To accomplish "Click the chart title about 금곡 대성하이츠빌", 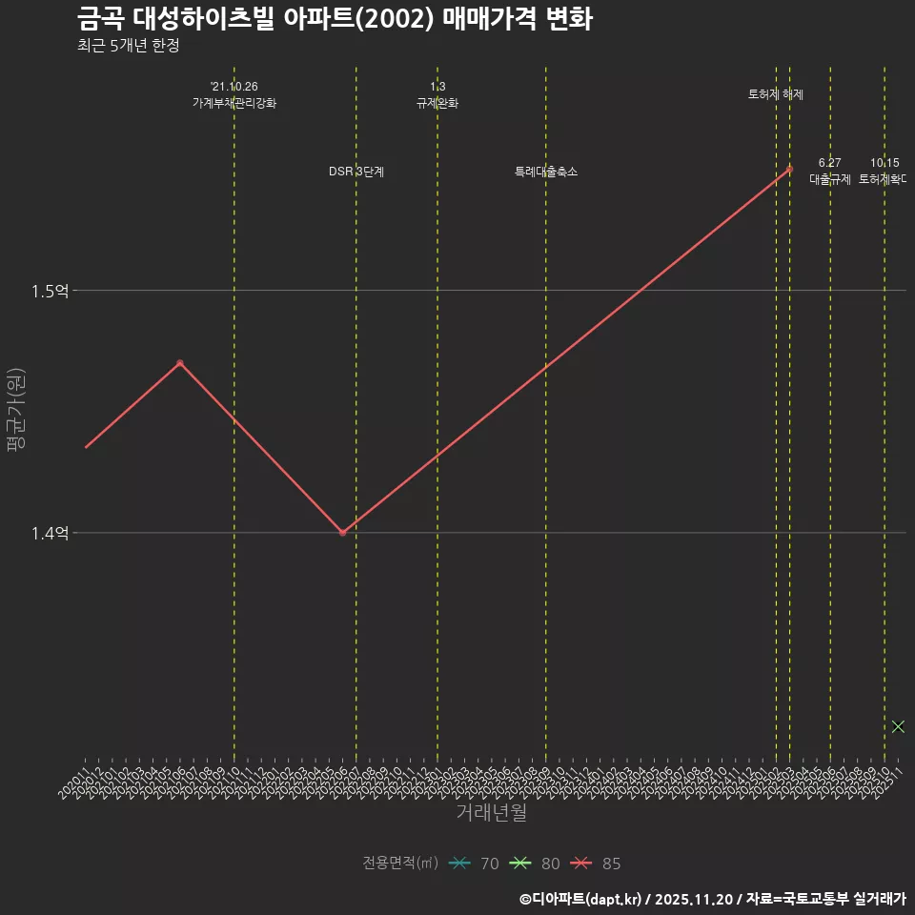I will [335, 18].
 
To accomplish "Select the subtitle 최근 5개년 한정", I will [128, 46].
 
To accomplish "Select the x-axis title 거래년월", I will [491, 813].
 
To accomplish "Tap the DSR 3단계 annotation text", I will [356, 172].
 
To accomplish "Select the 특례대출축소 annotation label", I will [546, 172].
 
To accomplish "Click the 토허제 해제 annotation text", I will [776, 94].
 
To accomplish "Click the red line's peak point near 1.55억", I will [789, 170].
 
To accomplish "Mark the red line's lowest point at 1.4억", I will [342, 533].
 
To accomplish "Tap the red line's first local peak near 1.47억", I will [179, 363].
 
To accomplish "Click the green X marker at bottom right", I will [898, 726].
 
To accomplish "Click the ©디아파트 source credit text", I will [712, 899].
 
